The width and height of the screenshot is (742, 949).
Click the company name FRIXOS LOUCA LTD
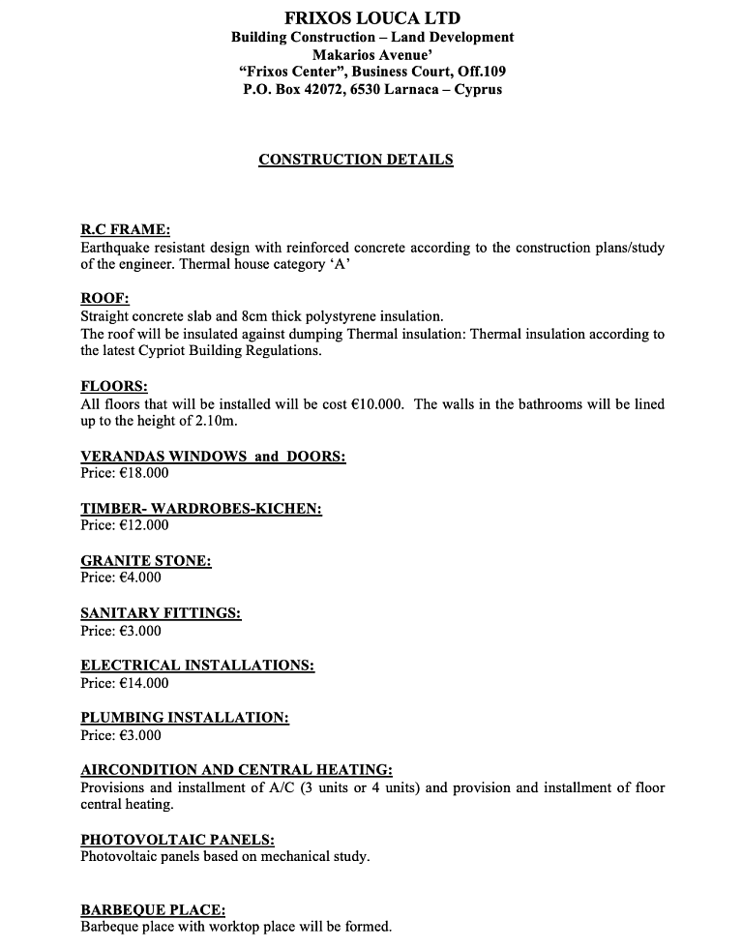(x=372, y=17)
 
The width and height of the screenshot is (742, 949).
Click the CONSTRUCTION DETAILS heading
(x=355, y=160)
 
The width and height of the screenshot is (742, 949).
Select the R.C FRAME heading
(x=125, y=230)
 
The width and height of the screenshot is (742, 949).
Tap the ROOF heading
(x=104, y=299)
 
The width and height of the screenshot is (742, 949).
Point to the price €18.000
(x=142, y=473)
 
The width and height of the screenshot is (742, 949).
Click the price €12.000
(x=142, y=525)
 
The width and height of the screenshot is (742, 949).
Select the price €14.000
(x=142, y=683)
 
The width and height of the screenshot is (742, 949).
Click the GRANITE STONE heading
(x=145, y=560)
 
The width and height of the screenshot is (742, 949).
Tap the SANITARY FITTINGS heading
(x=161, y=613)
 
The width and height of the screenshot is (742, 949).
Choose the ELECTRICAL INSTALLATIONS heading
(x=197, y=666)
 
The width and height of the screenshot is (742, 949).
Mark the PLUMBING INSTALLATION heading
(x=185, y=718)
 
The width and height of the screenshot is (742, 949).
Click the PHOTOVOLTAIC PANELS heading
(x=177, y=840)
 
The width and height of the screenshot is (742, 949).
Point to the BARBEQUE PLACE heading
(x=153, y=909)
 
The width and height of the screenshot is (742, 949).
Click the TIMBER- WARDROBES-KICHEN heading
(x=201, y=508)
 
